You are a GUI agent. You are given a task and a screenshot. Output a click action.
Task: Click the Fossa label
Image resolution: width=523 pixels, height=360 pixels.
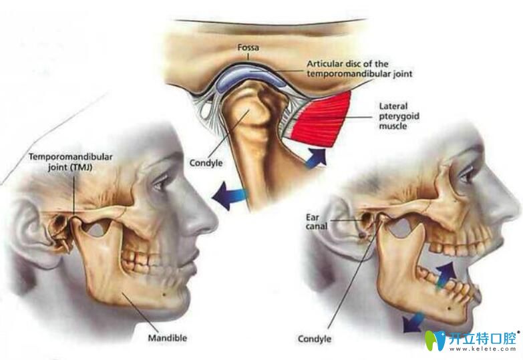click(248, 47)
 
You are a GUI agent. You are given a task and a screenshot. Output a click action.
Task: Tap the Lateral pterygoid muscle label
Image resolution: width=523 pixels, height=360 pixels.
click(399, 116)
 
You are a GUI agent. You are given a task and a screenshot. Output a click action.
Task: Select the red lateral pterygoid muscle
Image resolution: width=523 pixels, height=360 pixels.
click(320, 119)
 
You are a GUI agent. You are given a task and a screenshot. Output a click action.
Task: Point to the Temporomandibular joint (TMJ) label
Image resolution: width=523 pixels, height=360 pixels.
click(70, 162)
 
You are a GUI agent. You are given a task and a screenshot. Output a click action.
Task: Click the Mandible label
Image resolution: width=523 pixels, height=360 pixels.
click(168, 338)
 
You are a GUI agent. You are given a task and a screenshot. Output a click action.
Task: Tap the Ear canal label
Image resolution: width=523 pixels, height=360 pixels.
click(317, 222)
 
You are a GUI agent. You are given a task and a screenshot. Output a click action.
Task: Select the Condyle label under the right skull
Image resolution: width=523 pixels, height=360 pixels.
click(315, 339)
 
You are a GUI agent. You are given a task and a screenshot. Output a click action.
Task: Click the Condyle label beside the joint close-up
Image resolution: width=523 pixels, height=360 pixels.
click(206, 163)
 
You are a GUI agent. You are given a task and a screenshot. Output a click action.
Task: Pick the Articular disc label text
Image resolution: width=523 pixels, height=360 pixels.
click(359, 69)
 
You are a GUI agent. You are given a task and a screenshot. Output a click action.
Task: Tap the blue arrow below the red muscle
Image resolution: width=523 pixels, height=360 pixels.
click(316, 158)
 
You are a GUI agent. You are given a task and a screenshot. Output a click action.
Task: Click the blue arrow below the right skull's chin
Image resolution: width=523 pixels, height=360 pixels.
click(413, 323)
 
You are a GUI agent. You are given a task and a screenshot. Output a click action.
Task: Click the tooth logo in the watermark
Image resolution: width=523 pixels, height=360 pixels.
click(435, 341)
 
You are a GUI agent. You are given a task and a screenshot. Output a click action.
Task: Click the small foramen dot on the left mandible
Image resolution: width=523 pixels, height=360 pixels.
click(164, 294)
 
